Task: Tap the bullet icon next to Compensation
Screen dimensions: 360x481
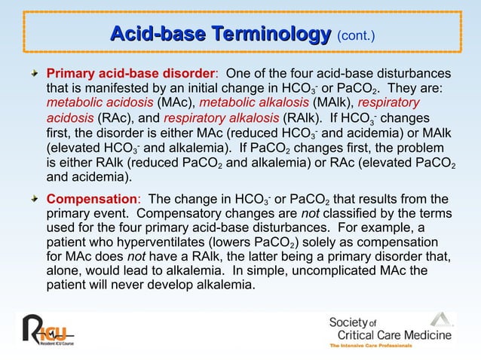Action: pos(35,200)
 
